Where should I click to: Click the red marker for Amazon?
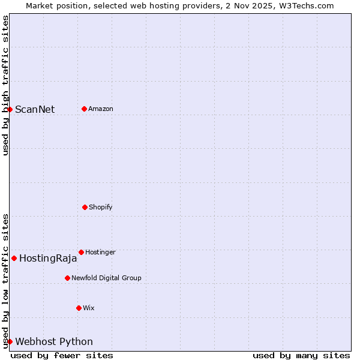pyautogui.click(x=84, y=109)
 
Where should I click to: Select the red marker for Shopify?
pyautogui.click(x=85, y=207)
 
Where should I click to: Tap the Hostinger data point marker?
pyautogui.click(x=81, y=252)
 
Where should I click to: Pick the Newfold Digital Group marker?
pyautogui.click(x=67, y=278)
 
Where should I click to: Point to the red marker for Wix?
pyautogui.click(x=79, y=308)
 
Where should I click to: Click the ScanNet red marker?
pyautogui.click(x=10, y=109)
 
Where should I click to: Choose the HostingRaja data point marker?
pyautogui.click(x=14, y=258)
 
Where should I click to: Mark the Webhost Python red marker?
pyautogui.click(x=10, y=341)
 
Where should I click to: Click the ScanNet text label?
pyautogui.click(x=35, y=109)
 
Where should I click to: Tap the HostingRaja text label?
pyautogui.click(x=48, y=259)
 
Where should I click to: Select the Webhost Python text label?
pyautogui.click(x=54, y=342)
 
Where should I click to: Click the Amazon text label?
pyautogui.click(x=101, y=109)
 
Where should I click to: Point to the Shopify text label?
pyautogui.click(x=101, y=208)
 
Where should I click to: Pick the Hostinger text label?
pyautogui.click(x=100, y=253)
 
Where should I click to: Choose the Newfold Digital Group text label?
pyautogui.click(x=106, y=278)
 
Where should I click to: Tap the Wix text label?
pyautogui.click(x=89, y=308)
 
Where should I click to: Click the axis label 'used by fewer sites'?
pyautogui.click(x=62, y=355)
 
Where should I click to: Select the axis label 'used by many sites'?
pyautogui.click(x=301, y=355)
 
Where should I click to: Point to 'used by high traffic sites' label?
pyautogui.click(x=5, y=85)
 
